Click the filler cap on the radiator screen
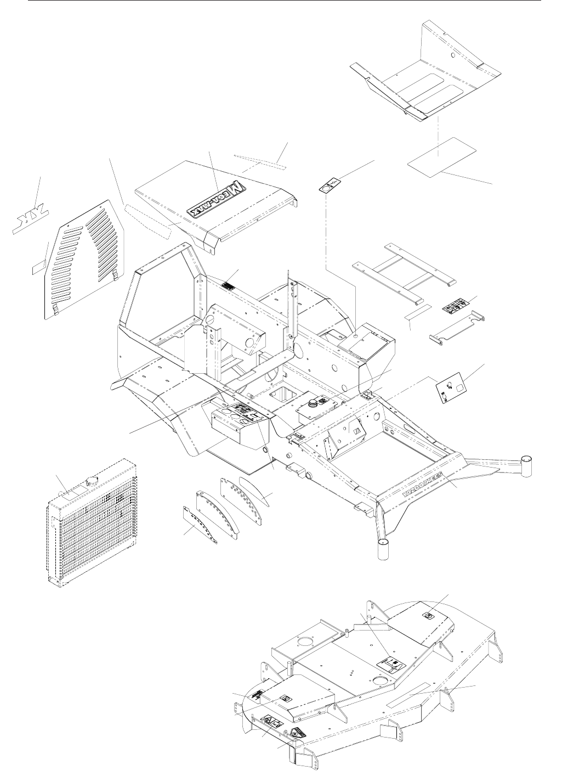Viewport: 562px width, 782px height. (x=88, y=481)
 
